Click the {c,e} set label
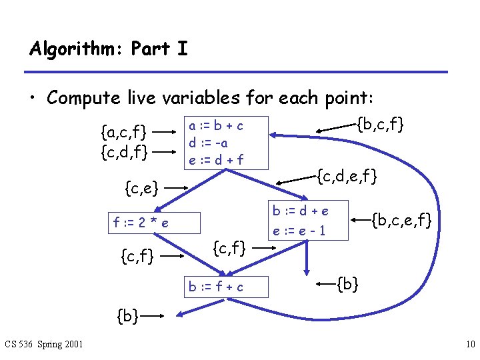141,189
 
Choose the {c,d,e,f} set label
347,177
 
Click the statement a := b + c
215,125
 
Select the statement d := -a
208,142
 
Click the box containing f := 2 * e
153,223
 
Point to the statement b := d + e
300,211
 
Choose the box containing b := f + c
215,287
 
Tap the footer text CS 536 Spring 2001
44,344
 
